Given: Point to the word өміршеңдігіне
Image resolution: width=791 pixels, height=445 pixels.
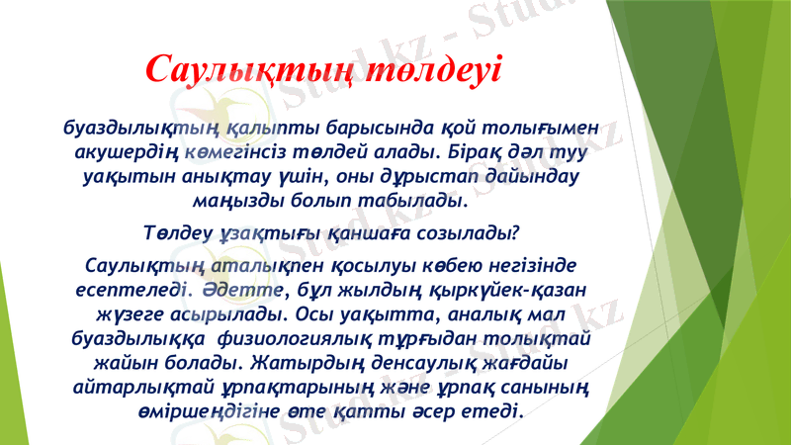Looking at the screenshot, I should [x=207, y=409].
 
